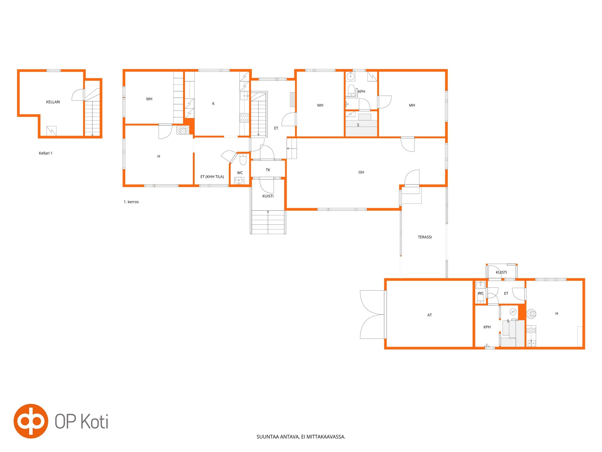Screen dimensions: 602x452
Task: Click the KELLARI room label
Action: click(x=53, y=102)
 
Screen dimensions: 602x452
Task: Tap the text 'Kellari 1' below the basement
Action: click(x=46, y=153)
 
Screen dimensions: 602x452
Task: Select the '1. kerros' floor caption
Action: click(x=131, y=202)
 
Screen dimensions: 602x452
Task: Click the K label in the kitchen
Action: click(x=213, y=104)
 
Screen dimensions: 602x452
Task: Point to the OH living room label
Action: click(x=361, y=172)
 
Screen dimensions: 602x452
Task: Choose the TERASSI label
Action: click(x=425, y=237)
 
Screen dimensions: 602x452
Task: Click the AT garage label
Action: click(x=430, y=315)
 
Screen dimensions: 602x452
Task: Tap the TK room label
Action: click(x=268, y=170)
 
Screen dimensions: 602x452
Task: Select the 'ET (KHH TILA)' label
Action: click(x=212, y=177)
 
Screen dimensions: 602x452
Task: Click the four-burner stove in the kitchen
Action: click(x=244, y=118)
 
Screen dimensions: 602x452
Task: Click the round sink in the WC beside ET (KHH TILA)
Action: click(x=239, y=180)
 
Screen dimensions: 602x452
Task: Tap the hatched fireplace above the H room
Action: click(x=183, y=130)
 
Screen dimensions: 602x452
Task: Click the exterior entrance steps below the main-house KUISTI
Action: click(x=268, y=222)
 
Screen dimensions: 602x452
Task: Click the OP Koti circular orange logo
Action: click(x=31, y=421)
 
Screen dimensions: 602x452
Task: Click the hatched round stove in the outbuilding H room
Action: click(x=531, y=314)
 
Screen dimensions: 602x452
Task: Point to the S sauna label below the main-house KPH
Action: click(x=358, y=125)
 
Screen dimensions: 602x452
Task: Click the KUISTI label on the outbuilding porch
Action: click(x=501, y=272)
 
